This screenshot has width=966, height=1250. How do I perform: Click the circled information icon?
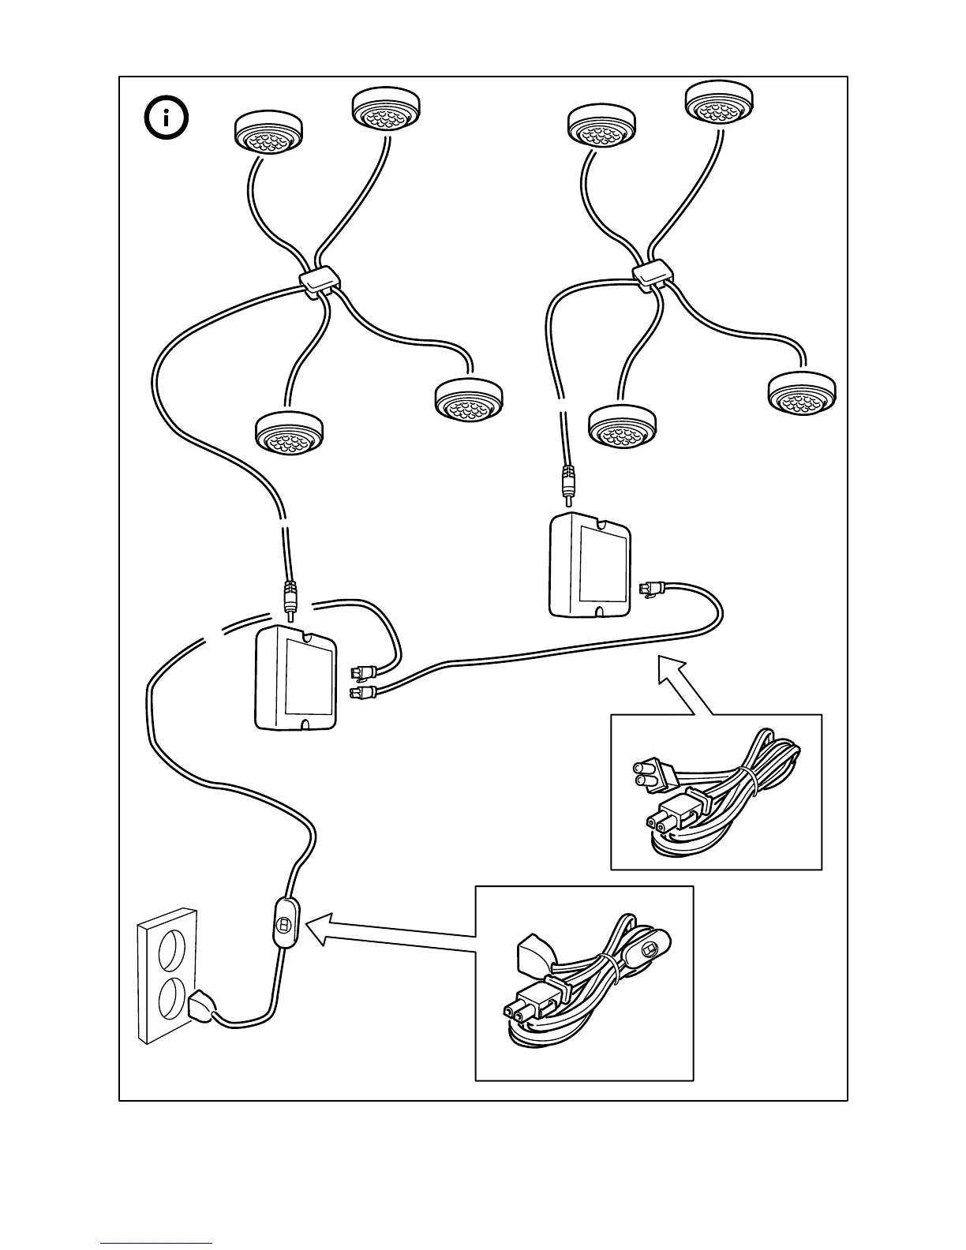[x=167, y=119]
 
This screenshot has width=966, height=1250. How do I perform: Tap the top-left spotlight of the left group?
[x=269, y=133]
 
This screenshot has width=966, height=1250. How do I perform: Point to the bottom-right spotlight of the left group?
[x=469, y=401]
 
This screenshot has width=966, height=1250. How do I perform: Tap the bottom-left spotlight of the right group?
[x=623, y=427]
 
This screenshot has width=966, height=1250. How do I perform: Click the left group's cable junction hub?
[x=319, y=281]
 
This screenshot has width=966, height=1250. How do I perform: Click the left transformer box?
[x=296, y=679]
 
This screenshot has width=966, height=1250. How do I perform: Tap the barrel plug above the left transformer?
[x=290, y=597]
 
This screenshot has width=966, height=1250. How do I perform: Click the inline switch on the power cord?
[x=284, y=923]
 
